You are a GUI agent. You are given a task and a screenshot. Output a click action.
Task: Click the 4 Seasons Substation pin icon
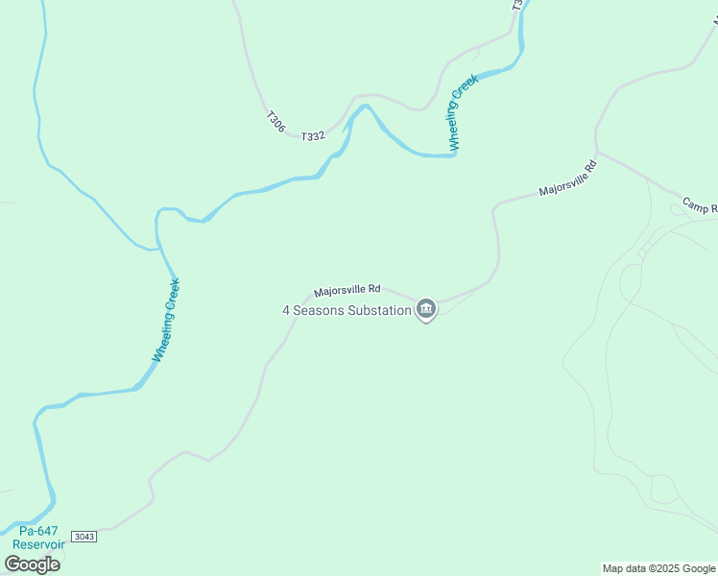coord(426,309)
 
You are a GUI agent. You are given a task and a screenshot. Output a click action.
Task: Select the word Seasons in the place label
coord(317,310)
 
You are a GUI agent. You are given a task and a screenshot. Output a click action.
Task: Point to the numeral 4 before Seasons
coord(286,310)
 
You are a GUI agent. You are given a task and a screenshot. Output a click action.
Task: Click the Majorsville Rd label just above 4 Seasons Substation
coord(347,289)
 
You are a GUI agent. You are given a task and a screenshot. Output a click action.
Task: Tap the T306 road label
coord(275,122)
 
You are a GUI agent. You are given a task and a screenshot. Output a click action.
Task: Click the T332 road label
coord(313,136)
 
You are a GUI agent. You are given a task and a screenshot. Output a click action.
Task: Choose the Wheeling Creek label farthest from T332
coord(166,320)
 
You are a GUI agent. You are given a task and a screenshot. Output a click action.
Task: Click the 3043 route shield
coord(84,536)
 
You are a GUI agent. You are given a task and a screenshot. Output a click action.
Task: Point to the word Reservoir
coord(38,544)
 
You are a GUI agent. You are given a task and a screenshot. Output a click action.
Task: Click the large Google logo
coord(32,564)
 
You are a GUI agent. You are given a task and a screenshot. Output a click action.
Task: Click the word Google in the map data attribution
coord(697,568)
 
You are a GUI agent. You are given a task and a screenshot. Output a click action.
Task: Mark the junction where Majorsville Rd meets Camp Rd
coord(597,152)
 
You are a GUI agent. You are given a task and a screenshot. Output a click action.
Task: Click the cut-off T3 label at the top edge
coord(517,5)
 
